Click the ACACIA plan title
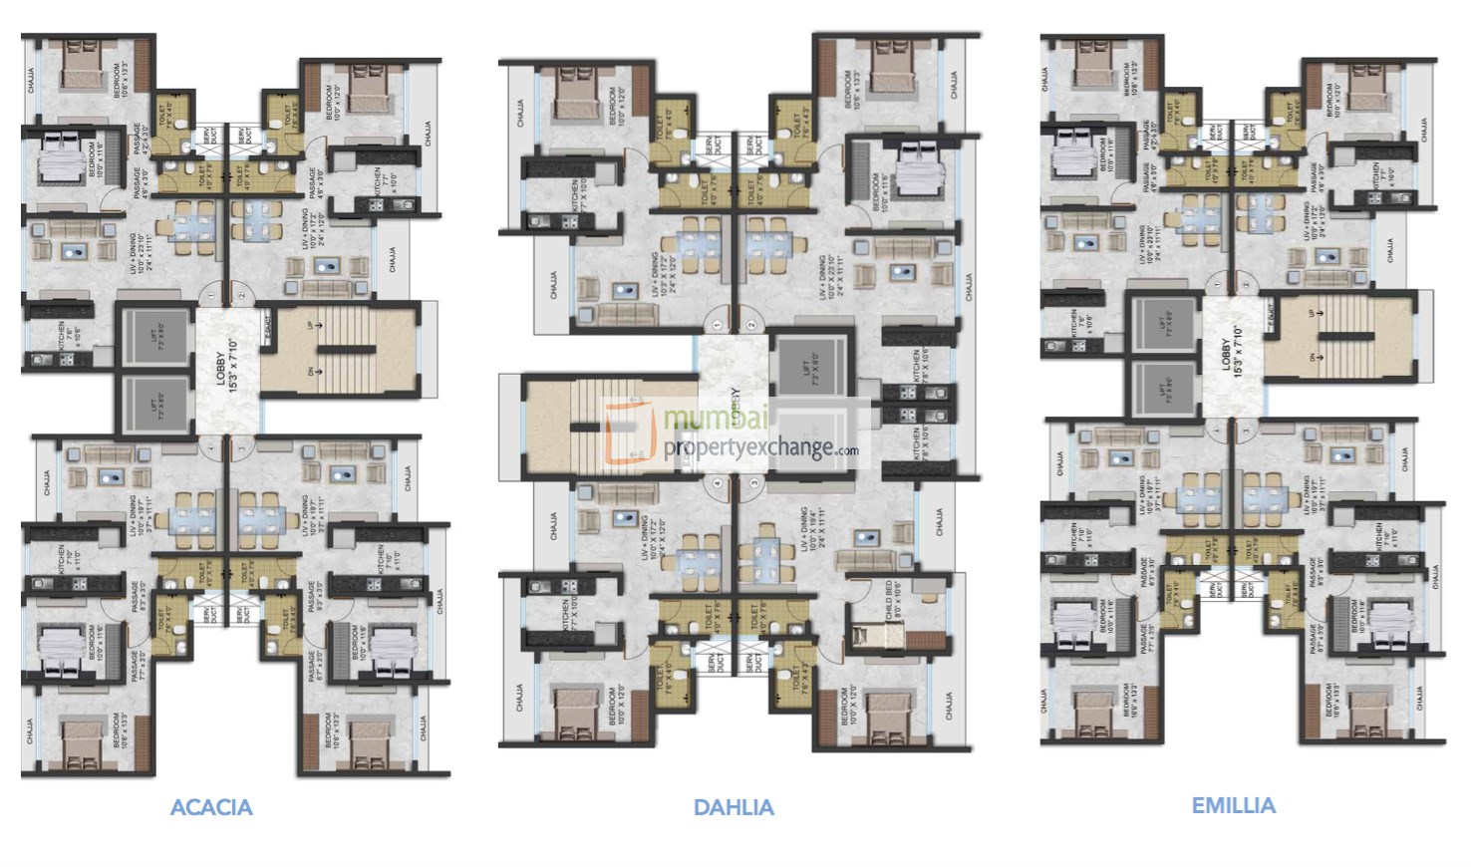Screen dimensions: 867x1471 click(211, 807)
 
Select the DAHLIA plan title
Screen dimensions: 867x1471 click(734, 807)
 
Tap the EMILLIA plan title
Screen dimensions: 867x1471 click(1233, 805)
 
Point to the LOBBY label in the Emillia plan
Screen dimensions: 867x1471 click(1232, 352)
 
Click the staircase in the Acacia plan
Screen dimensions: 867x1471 click(339, 360)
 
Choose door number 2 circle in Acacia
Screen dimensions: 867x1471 click(242, 295)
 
